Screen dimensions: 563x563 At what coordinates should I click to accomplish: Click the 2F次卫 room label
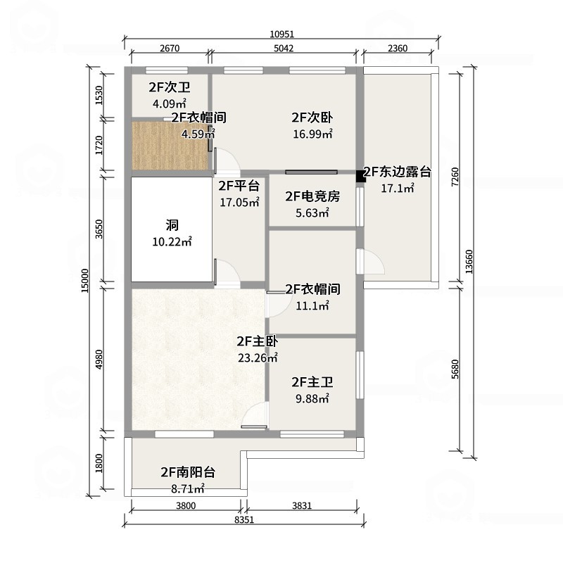pos(169,88)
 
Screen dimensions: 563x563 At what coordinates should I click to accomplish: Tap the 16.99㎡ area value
pos(312,134)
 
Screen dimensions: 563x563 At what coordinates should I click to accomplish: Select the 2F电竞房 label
pos(312,196)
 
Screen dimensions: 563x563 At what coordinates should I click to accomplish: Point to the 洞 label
pos(172,226)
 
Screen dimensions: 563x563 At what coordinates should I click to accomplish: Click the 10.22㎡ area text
pos(172,242)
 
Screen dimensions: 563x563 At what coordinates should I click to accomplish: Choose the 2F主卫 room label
pos(312,383)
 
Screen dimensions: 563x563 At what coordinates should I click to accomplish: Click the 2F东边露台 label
pos(397,172)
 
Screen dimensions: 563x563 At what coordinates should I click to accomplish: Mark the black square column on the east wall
pos(360,175)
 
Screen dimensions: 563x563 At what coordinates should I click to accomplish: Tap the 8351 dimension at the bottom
pos(243,519)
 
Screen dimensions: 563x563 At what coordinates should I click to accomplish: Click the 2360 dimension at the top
pos(398,49)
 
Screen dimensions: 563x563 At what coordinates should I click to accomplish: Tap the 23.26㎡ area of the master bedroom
pos(258,358)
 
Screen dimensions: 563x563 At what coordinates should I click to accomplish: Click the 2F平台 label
pos(239,186)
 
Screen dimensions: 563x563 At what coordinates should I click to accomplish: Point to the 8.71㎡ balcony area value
pos(187,487)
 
